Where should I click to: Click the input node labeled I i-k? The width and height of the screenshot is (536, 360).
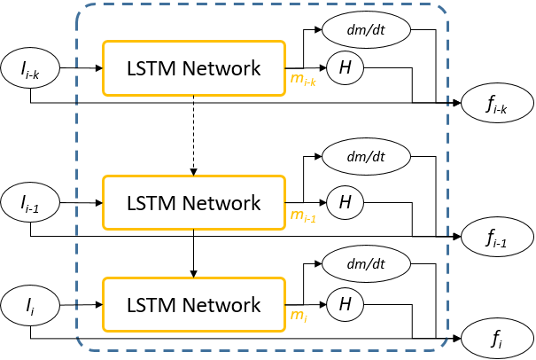point(33,67)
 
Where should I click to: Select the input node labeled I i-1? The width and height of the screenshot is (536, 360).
point(33,203)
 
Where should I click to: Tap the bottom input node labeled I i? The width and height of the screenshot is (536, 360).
point(33,304)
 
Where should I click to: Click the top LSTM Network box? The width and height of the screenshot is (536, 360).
point(194,67)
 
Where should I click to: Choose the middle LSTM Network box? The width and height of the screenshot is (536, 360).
point(194,203)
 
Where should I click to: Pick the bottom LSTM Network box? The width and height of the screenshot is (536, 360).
point(194,305)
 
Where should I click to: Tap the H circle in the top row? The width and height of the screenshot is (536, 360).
point(346,67)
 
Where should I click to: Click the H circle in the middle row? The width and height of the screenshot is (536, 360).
point(346,203)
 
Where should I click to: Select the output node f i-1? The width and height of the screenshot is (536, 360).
point(496,237)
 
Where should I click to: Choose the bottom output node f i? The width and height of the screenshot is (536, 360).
point(496,339)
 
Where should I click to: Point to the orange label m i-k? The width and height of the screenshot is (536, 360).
point(304,82)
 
